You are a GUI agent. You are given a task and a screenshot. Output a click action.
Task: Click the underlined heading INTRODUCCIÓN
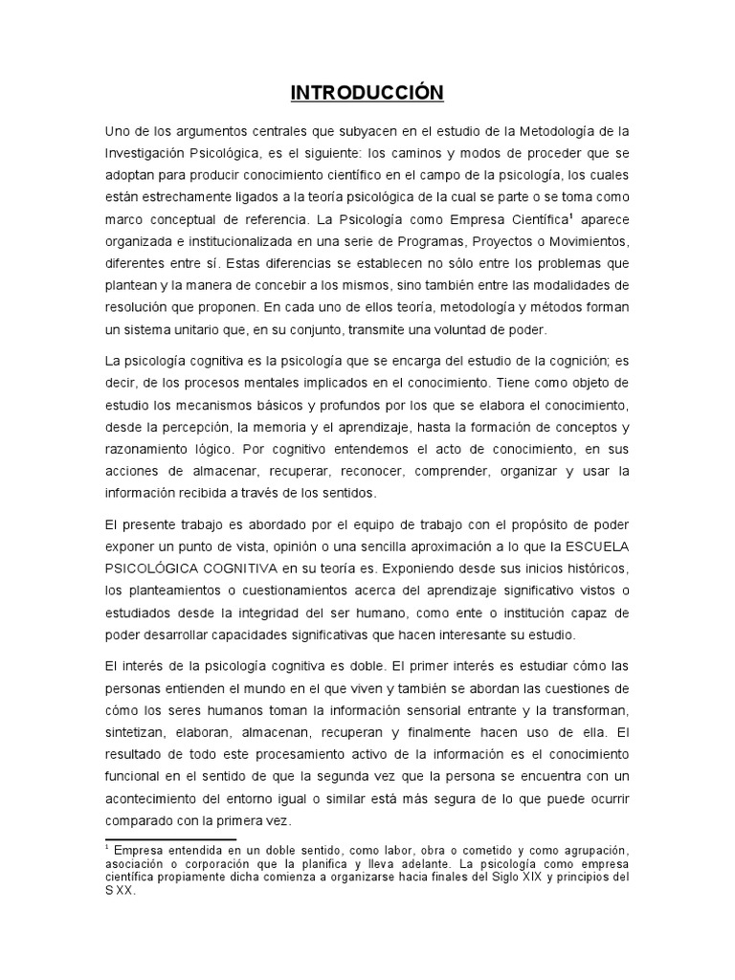click(367, 93)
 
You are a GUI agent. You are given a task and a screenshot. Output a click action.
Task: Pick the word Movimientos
click(585, 240)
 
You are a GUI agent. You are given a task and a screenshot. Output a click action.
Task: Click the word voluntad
click(462, 329)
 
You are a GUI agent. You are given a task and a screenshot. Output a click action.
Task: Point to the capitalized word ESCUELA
click(592, 546)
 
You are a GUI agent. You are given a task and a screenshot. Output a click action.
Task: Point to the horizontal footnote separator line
click(170, 839)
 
